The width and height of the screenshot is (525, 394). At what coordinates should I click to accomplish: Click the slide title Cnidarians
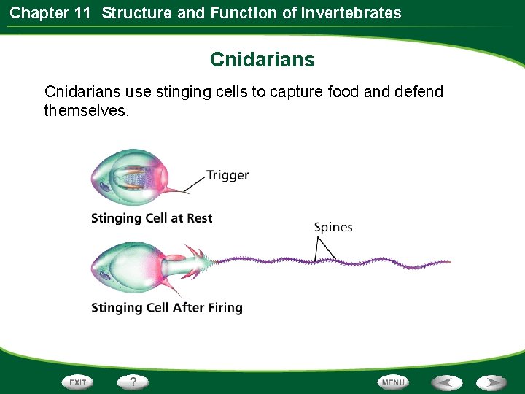tap(262, 59)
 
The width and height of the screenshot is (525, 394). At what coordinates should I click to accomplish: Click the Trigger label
tap(227, 175)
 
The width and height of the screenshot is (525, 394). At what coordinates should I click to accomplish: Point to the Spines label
tap(332, 227)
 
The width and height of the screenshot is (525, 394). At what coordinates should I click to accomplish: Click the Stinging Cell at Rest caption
tap(152, 218)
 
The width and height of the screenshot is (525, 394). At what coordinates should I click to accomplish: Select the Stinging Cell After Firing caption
tap(166, 307)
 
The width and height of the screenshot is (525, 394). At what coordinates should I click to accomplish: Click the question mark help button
tap(133, 382)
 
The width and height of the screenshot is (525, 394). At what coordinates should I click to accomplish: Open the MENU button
tap(392, 382)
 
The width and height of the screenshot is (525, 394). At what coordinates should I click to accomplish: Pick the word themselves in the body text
tap(86, 111)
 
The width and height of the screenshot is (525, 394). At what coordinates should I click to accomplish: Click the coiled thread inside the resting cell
tap(139, 177)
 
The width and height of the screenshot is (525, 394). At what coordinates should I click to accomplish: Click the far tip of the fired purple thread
tap(448, 262)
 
